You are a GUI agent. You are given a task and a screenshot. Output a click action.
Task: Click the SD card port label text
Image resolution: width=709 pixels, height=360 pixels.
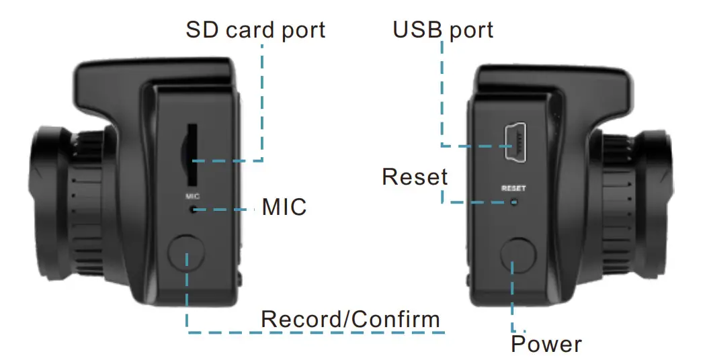[x=255, y=30]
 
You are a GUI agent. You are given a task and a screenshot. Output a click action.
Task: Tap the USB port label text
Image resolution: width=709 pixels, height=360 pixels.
[x=443, y=30]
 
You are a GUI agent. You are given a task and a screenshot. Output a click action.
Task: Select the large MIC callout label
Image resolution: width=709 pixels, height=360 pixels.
[x=284, y=207]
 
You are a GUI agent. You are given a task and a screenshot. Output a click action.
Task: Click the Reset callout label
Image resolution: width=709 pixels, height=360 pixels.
[x=415, y=177]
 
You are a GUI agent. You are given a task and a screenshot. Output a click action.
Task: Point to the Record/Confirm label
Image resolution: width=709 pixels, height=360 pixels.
[x=350, y=319]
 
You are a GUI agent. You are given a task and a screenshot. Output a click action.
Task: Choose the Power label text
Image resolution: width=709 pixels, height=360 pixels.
[x=546, y=345]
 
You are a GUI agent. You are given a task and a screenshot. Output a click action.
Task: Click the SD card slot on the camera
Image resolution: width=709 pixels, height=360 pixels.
[x=192, y=154]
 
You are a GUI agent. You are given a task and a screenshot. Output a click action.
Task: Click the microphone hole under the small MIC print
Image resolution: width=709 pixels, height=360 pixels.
[x=193, y=210]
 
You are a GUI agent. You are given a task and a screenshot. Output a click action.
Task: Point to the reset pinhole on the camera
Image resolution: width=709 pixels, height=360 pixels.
[x=515, y=201]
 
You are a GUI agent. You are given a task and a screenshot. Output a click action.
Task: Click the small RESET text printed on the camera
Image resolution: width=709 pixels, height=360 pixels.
[x=513, y=189]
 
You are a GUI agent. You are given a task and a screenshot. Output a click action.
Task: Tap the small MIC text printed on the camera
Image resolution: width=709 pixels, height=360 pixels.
[x=193, y=197]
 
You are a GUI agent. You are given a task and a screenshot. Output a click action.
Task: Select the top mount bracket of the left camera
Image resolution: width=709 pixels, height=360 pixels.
[x=155, y=75]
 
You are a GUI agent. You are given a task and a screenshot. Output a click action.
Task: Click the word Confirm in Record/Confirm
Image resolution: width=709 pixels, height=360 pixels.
[x=397, y=319]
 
